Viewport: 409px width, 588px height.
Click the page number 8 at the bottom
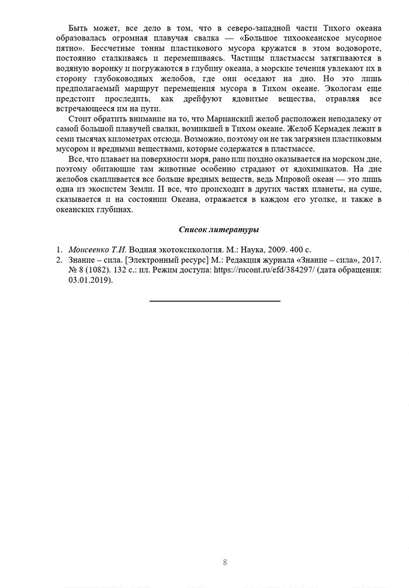(225, 563)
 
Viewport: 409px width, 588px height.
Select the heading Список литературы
(219, 229)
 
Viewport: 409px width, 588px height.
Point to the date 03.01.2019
(89, 280)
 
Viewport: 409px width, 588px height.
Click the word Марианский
(231, 119)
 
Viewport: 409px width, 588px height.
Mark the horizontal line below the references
(214, 301)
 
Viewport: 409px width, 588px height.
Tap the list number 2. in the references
(60, 260)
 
